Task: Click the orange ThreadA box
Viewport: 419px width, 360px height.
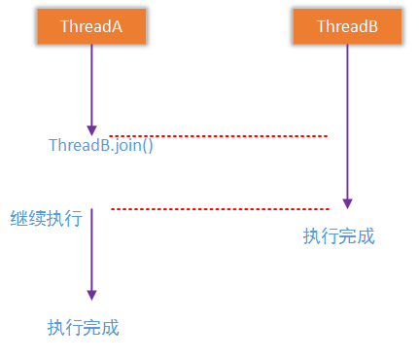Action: pos(92,27)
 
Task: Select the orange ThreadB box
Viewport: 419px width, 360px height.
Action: pos(348,27)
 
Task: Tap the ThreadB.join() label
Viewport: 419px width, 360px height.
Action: pos(101,146)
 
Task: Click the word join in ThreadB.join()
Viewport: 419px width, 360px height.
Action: pos(128,146)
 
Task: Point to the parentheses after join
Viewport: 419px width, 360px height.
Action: pos(149,146)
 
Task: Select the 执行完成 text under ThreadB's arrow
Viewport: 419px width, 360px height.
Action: pos(338,236)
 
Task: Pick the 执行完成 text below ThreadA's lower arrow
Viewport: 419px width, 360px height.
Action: pos(83,327)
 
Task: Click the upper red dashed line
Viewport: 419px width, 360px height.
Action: pos(218,136)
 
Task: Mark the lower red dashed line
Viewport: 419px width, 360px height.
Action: pos(220,208)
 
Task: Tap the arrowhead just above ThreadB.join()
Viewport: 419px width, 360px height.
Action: pos(92,129)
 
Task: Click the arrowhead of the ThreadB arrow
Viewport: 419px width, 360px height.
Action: pos(348,203)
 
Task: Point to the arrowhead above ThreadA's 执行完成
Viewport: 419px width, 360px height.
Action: pos(92,294)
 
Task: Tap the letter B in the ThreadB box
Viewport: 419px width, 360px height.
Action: pos(372,27)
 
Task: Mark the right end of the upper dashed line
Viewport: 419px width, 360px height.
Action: pos(326,136)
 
